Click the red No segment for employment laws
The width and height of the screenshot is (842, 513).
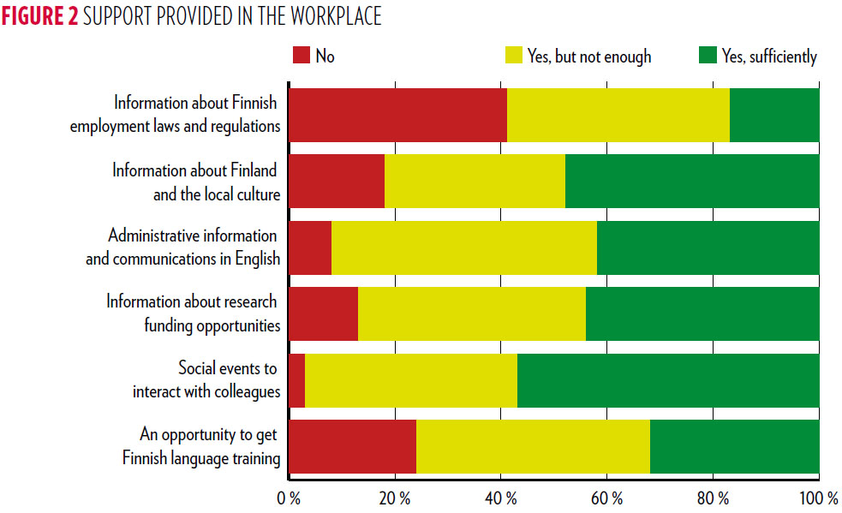point(397,114)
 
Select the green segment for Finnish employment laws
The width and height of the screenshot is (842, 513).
point(774,114)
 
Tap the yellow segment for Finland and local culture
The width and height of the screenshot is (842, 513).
point(475,181)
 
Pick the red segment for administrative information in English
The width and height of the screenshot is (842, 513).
point(310,247)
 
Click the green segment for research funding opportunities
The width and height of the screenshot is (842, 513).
point(702,313)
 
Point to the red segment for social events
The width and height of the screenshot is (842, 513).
point(296,380)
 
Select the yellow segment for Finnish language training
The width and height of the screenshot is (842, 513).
point(533,446)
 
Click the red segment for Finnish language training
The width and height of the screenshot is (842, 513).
point(352,446)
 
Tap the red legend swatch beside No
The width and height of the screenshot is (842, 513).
point(301,57)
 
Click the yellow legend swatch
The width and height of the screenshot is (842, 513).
point(513,57)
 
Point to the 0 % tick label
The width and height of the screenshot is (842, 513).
point(289,498)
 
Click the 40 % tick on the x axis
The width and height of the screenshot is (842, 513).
point(501,498)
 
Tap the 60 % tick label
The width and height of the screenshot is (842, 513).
point(607,498)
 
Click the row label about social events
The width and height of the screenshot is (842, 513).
point(206,380)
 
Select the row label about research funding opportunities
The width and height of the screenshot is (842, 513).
point(194,313)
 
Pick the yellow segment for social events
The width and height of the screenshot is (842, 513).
point(411,380)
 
